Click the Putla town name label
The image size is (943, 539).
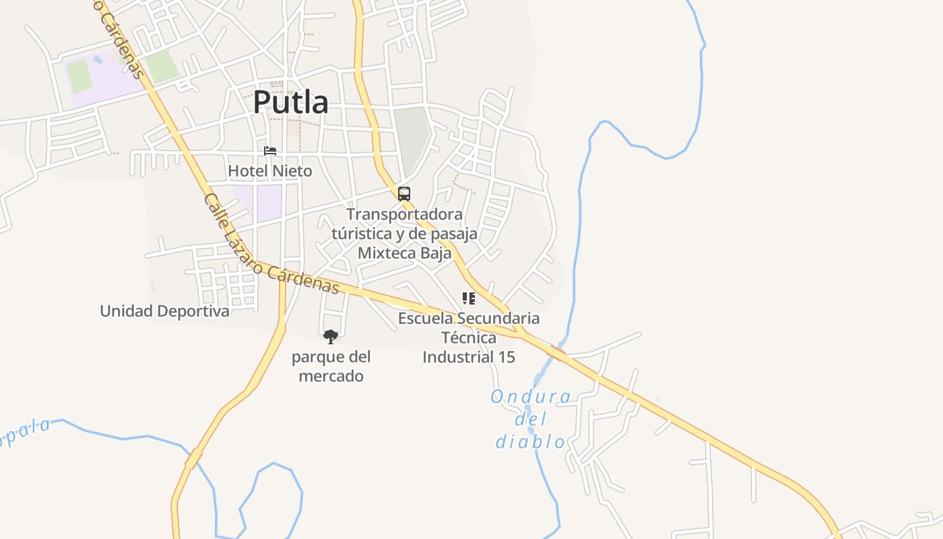[291, 102]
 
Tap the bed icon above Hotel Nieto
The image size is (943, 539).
[270, 151]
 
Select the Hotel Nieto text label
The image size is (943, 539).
[270, 171]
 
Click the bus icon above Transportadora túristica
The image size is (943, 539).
[404, 194]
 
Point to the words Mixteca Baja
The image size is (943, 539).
[404, 253]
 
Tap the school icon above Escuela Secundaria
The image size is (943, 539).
[469, 298]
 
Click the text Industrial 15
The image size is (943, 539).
[469, 357]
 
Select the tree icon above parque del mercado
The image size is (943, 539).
[330, 336]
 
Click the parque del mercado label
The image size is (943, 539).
[331, 367]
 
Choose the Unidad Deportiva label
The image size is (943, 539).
[164, 311]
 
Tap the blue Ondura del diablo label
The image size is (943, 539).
[531, 419]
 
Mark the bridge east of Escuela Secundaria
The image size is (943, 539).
[556, 352]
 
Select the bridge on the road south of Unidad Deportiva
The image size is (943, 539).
[193, 459]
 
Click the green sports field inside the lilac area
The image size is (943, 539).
[79, 76]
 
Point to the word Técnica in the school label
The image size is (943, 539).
[469, 338]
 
